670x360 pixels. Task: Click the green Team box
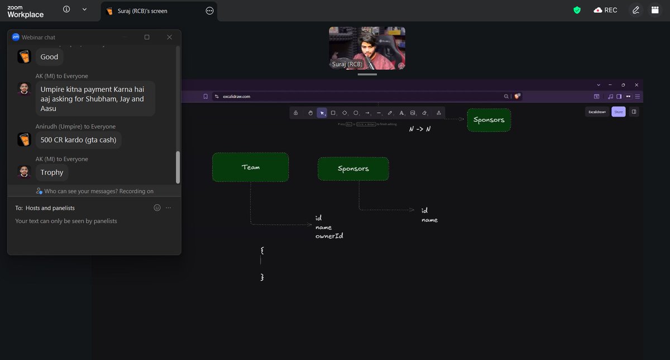[x=250, y=167]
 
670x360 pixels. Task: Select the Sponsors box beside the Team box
[x=353, y=169]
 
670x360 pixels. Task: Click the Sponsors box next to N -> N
[x=489, y=120]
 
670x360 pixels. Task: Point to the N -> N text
[x=420, y=129]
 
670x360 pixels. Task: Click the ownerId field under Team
[x=329, y=236]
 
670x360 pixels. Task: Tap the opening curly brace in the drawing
[x=262, y=251]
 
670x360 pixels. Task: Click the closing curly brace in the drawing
[x=262, y=277]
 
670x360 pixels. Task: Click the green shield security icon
[x=577, y=10]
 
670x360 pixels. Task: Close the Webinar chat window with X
[x=169, y=37]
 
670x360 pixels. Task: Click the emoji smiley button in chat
[x=157, y=208]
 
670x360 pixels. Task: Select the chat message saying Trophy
[x=52, y=172]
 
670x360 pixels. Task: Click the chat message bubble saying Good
[x=49, y=56]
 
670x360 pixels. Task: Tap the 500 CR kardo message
[x=79, y=140]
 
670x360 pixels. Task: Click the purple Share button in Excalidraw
[x=618, y=112]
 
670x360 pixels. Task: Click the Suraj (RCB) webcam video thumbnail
[x=367, y=48]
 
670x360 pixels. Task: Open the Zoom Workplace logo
[x=26, y=11]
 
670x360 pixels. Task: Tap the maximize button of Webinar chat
[x=147, y=37]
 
